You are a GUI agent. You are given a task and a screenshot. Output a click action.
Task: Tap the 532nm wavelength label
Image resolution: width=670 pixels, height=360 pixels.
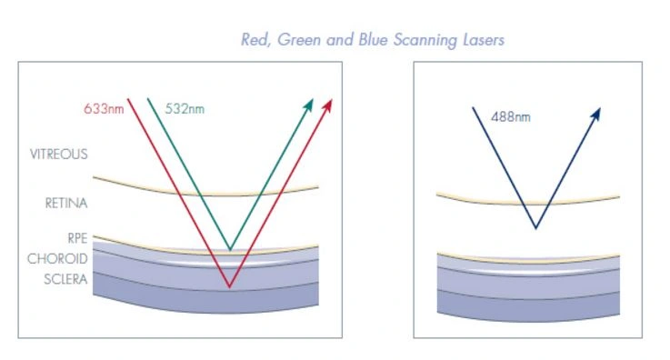pos(185,108)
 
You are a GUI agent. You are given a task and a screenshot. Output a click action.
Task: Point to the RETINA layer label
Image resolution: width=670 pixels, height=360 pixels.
pos(65,204)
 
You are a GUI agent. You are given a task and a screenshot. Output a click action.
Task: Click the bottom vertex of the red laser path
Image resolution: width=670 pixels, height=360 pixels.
pos(229,287)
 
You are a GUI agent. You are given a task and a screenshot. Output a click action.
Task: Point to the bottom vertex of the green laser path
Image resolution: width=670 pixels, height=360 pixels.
pos(230,249)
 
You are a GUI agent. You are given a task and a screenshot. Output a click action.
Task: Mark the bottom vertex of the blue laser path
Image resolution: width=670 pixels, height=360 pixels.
pos(535,228)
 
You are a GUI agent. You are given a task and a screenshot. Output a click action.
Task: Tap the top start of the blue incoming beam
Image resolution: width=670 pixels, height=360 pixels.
pos(472,108)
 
